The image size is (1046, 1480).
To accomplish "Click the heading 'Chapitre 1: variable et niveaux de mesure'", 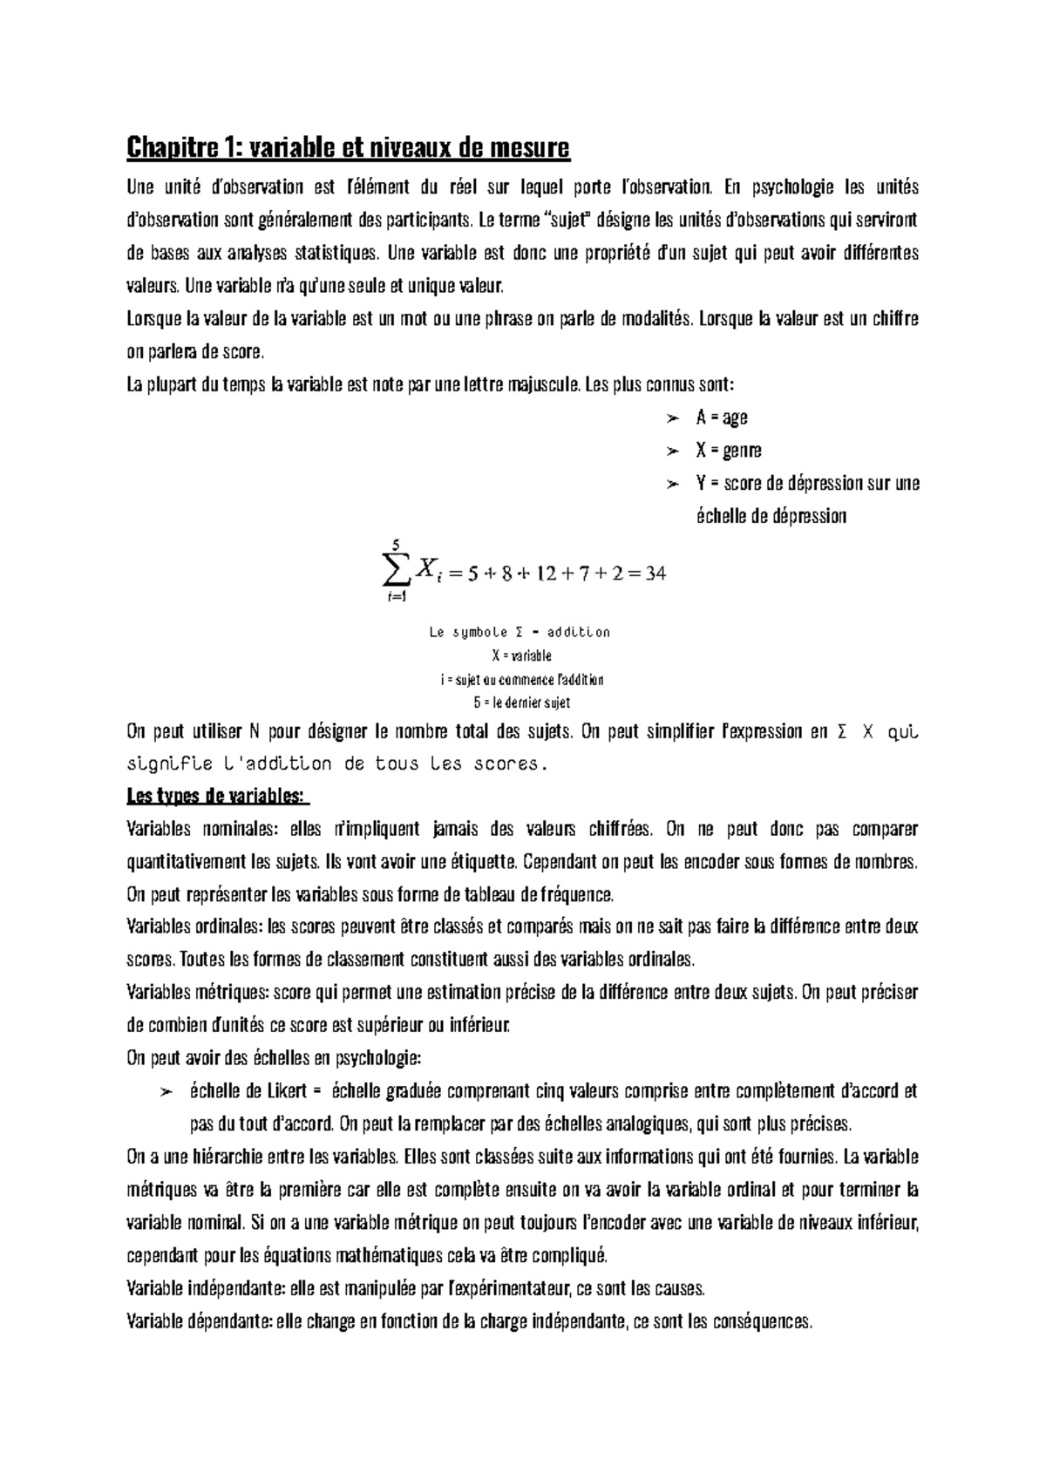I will click(x=348, y=148).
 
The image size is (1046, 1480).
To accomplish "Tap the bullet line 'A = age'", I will click(x=721, y=418).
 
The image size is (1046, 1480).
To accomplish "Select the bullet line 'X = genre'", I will click(x=728, y=451).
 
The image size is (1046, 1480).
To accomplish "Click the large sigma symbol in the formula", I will click(x=395, y=572).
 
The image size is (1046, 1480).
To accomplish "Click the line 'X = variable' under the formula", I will click(x=521, y=655).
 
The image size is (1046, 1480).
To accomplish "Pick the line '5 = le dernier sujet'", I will click(x=520, y=703).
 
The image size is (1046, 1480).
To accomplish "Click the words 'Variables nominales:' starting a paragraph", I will click(x=187, y=829).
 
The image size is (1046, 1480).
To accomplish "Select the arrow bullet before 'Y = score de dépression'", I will click(x=671, y=484).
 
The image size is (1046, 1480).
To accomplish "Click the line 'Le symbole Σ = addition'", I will click(x=520, y=632).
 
